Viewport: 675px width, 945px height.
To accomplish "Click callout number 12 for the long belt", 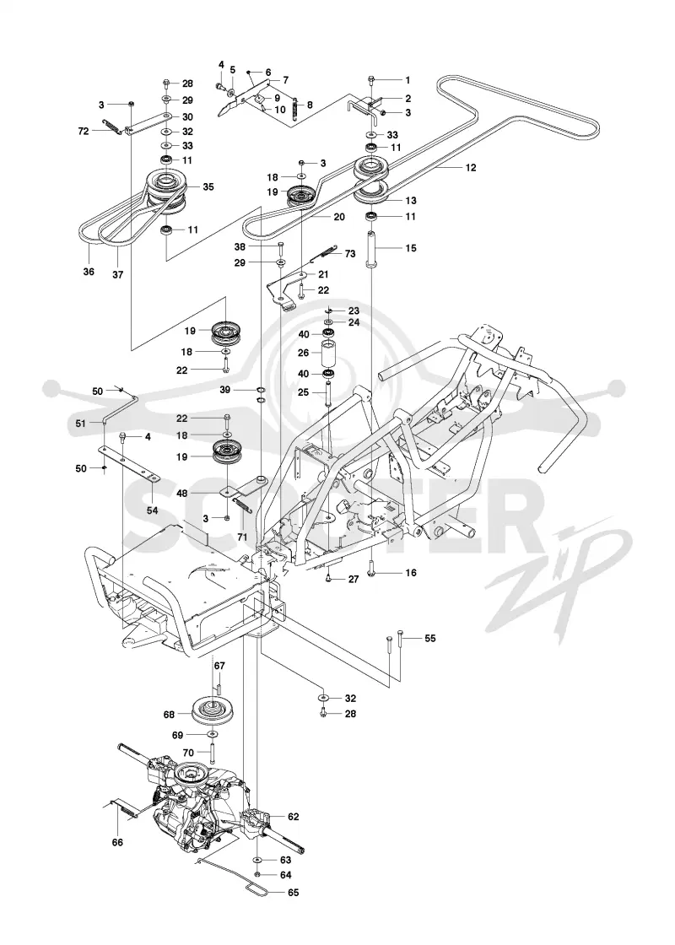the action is [471, 168].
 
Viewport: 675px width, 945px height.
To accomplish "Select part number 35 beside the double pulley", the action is [208, 186].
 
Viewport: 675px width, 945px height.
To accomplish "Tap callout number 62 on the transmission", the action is [294, 818].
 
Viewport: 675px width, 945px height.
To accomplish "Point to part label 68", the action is [169, 714].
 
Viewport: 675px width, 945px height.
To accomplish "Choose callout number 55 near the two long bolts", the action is [429, 638].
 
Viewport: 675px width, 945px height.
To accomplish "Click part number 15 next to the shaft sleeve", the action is [410, 248].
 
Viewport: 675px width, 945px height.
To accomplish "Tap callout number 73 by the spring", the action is [350, 254].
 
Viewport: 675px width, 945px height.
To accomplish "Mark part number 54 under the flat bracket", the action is [153, 510].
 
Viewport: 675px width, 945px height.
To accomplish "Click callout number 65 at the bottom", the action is [294, 893].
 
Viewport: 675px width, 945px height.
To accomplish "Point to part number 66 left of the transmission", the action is [117, 842].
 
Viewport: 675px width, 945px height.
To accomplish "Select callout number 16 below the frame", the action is [410, 573].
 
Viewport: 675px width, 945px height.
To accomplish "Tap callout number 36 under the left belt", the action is [89, 272].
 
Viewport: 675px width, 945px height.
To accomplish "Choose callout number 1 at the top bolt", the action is [408, 80].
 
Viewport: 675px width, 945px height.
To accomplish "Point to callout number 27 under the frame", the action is [354, 580].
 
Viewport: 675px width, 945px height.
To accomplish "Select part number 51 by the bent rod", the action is [81, 423].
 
